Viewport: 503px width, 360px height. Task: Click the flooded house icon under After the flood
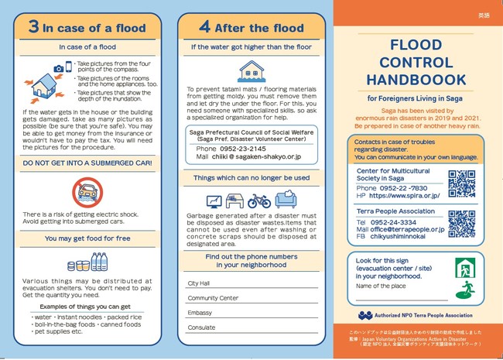[249, 70]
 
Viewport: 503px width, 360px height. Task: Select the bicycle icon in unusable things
[259, 200]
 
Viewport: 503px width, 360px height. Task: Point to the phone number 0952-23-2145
[244, 148]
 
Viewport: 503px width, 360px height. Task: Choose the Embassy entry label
[199, 312]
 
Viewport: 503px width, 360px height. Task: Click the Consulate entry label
[200, 327]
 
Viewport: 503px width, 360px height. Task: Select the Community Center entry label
[213, 297]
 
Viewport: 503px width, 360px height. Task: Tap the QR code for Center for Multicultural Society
[461, 183]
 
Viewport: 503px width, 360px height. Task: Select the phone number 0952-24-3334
[397, 221]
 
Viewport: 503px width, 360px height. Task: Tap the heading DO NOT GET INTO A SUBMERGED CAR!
[87, 164]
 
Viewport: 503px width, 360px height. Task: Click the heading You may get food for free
[87, 238]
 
